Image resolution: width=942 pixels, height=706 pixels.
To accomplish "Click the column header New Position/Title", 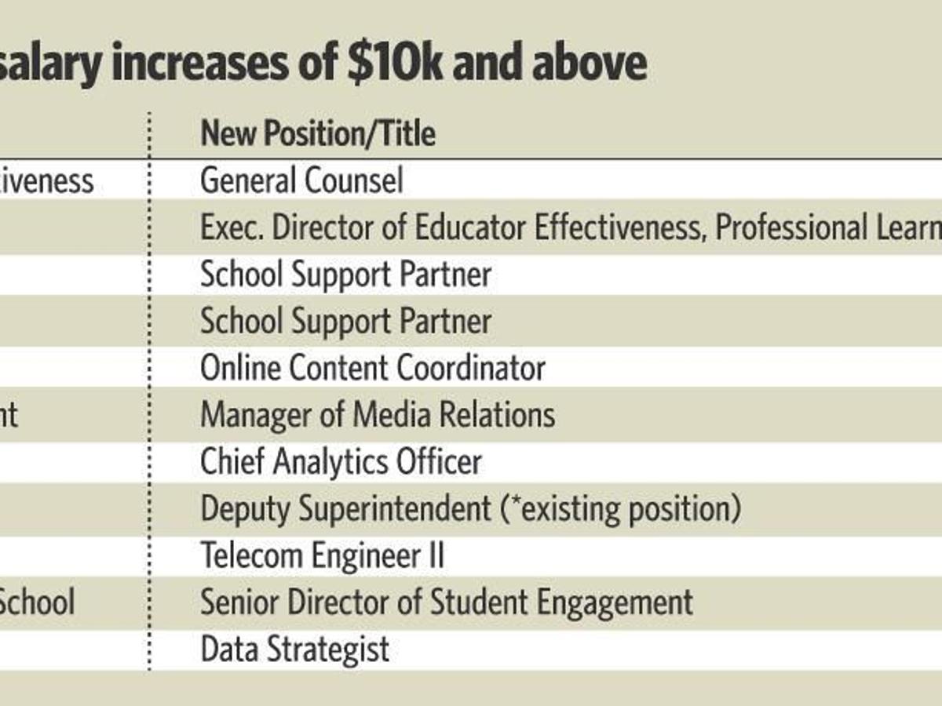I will (x=318, y=133).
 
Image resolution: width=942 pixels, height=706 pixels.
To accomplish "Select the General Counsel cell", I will (x=302, y=181).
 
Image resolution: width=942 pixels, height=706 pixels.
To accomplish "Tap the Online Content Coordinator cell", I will (x=373, y=368).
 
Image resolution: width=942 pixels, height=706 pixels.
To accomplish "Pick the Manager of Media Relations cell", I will (x=378, y=415).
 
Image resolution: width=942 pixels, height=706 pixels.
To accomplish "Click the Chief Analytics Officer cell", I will (x=341, y=462).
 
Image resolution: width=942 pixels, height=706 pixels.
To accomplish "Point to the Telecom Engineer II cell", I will (x=323, y=556).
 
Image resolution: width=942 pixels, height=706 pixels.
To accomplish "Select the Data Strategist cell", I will (x=295, y=650).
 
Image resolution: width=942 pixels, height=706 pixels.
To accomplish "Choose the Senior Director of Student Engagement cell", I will (x=447, y=602).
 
